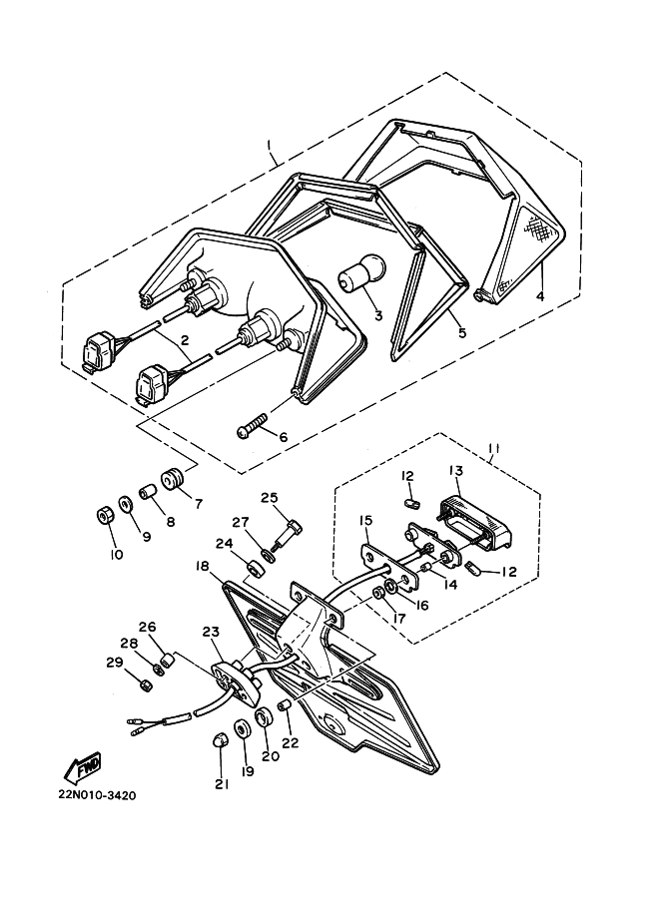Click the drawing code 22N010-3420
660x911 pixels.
tap(97, 795)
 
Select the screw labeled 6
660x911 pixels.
tap(252, 424)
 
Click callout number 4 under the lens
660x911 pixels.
tap(540, 297)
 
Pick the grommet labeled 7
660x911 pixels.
tap(173, 478)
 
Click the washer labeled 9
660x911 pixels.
tap(126, 504)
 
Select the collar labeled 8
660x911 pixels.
tap(148, 492)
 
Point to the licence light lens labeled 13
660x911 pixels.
tap(474, 523)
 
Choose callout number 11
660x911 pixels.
tap(493, 449)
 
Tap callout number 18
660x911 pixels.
tap(203, 567)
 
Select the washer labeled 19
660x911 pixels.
tap(241, 729)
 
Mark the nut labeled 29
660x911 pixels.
tap(144, 684)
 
